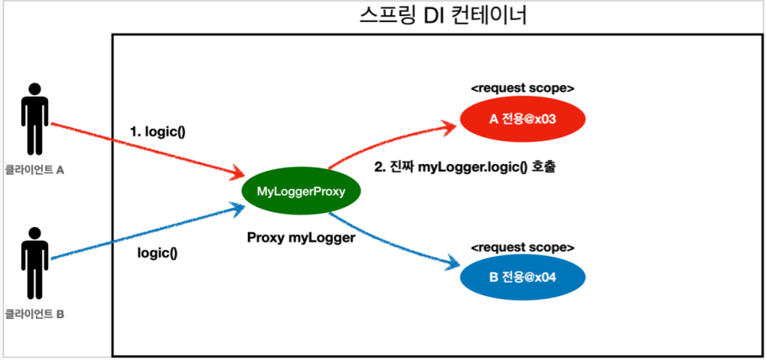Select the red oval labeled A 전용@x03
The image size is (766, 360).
coord(522,119)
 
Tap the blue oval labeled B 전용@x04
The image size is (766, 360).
coord(522,278)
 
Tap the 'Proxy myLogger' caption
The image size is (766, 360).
coord(301,237)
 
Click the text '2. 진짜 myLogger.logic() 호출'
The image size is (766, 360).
coord(467,167)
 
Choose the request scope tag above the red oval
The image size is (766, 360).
coord(522,87)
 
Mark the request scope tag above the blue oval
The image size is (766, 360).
coord(522,248)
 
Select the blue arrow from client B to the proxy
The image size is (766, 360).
coord(143,231)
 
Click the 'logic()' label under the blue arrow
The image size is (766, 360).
coord(158,251)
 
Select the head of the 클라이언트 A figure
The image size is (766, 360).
coord(34,88)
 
